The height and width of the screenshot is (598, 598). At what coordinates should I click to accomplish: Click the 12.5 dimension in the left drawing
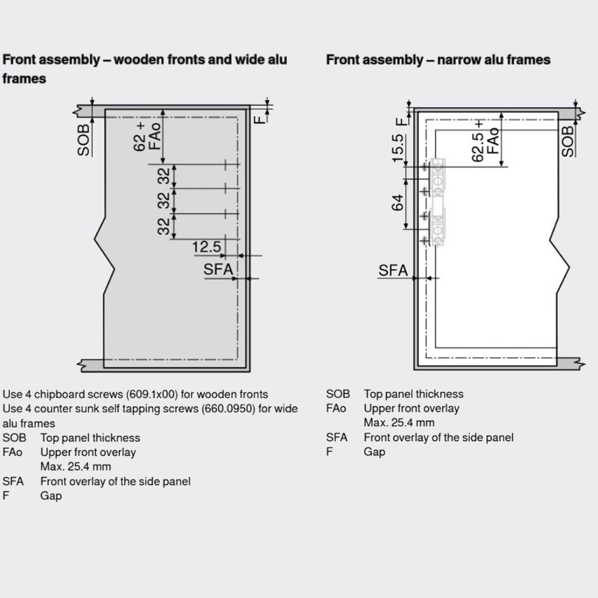206,247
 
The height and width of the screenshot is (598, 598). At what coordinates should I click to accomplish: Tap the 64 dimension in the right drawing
398,203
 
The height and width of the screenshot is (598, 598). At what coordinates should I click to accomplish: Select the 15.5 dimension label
398,148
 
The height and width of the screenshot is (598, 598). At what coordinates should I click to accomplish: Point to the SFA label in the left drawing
218,270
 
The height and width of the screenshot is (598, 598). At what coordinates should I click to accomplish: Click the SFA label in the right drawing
393,271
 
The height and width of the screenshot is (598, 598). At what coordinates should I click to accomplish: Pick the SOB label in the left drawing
84,140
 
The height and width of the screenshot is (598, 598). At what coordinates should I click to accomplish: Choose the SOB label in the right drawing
568,141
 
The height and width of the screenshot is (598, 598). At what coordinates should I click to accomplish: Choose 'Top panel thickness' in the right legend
413,394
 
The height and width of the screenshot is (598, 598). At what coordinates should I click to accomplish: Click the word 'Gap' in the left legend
51,496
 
